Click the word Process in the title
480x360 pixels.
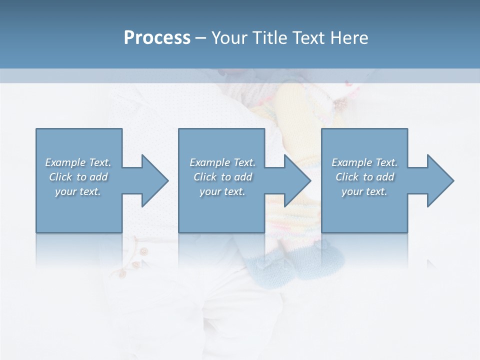click(x=157, y=38)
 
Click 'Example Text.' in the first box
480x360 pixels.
click(x=78, y=162)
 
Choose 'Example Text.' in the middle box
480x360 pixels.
click(x=222, y=162)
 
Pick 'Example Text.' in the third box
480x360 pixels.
click(x=364, y=162)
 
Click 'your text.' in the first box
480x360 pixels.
click(x=78, y=191)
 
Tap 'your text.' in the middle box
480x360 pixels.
click(x=222, y=191)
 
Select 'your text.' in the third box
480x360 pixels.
click(x=364, y=191)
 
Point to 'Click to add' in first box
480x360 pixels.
click(x=78, y=177)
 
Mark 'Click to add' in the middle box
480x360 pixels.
click(x=222, y=177)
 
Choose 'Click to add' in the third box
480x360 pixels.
click(x=364, y=177)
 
